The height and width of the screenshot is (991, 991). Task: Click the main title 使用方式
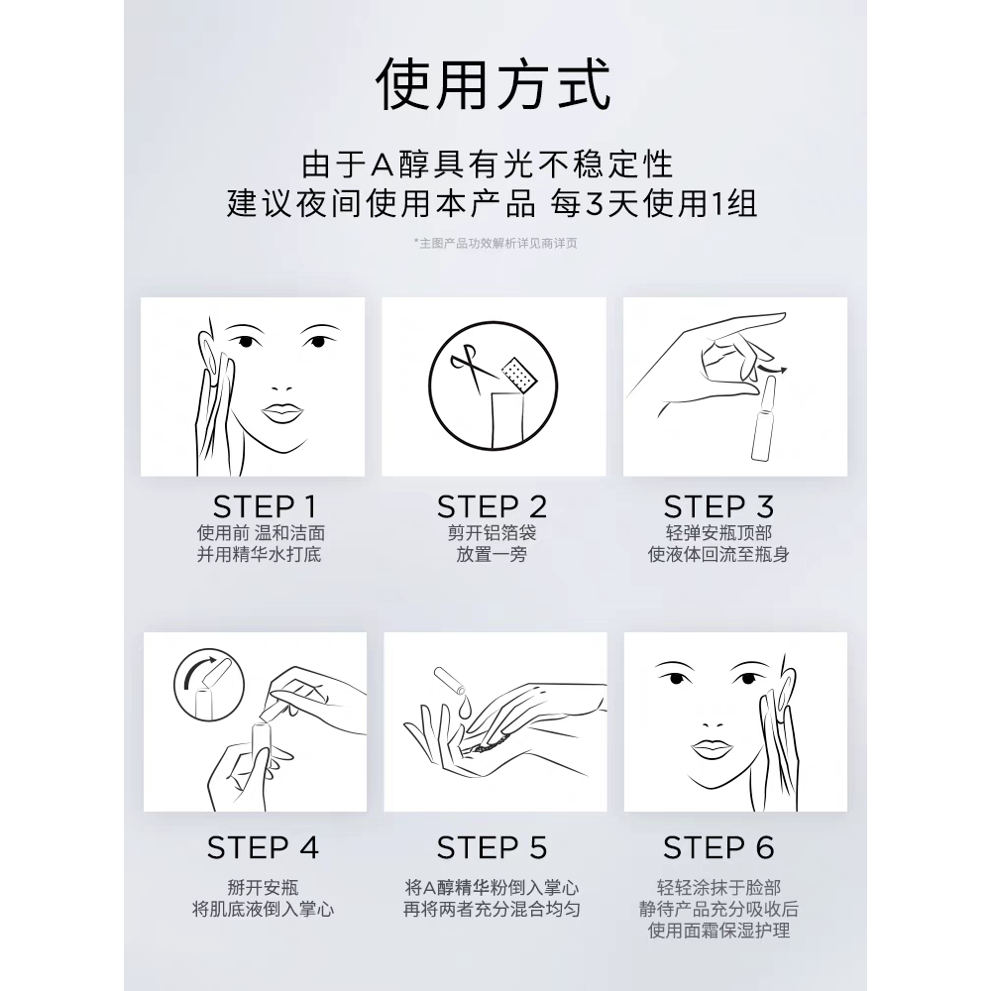493,84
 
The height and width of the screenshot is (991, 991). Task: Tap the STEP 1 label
265,506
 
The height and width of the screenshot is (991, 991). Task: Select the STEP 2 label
492,506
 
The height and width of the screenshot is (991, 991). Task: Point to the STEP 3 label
718,506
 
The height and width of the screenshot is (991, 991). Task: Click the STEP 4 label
263,847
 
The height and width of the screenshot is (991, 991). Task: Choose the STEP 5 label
492,847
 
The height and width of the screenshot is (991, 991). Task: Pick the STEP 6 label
718,847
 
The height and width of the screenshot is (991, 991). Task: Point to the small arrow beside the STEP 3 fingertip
773,369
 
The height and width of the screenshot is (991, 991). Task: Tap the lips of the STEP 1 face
282,413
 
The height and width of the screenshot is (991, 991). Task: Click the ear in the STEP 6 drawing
786,688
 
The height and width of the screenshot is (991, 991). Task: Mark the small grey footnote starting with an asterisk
495,244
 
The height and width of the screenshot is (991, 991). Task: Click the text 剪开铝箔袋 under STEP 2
492,533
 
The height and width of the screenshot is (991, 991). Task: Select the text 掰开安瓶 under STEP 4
263,887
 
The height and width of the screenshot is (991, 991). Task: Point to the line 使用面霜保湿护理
718,931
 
